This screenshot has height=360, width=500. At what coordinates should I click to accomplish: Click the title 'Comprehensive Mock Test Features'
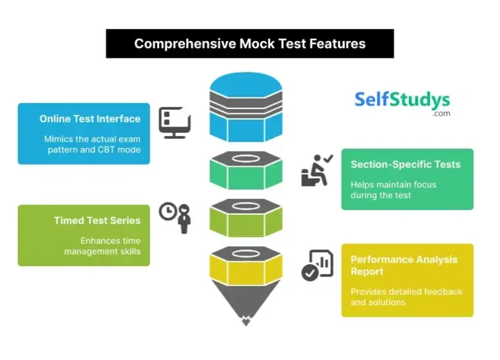[x=250, y=44]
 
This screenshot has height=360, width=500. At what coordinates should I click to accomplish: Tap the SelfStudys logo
[x=402, y=100]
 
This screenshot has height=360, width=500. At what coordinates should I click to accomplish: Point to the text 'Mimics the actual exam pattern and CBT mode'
[x=92, y=144]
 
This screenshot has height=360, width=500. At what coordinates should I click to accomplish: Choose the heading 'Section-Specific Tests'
[x=405, y=165]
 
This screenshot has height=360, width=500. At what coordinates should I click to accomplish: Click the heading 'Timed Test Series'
[x=97, y=221]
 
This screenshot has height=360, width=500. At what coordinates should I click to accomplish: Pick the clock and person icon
[x=175, y=217]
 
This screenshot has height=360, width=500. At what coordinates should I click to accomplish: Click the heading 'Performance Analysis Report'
[x=403, y=265]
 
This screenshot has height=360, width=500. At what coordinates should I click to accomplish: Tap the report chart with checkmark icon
[x=317, y=265]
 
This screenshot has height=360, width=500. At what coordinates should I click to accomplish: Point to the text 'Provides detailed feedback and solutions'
[x=406, y=297]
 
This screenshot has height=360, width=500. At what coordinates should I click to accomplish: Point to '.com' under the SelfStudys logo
[x=441, y=113]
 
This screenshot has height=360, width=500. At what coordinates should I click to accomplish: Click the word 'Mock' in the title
[x=261, y=44]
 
